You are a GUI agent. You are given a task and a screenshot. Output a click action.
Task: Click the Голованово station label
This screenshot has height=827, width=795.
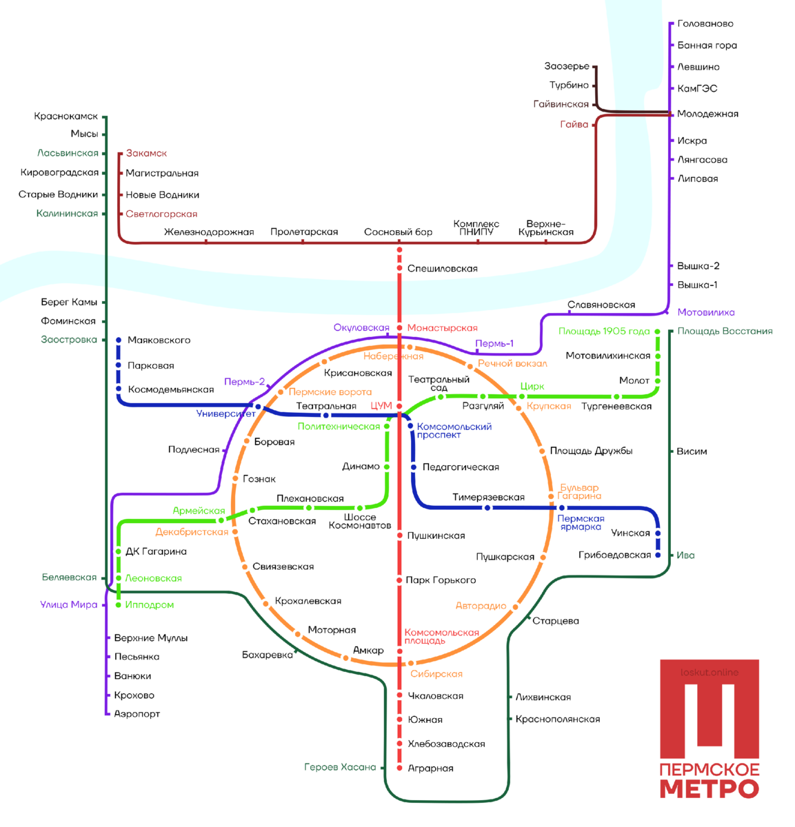705,24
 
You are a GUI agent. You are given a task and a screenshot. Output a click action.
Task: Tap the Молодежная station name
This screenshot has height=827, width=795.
707,114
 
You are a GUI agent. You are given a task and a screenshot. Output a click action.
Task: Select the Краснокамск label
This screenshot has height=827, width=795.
66,116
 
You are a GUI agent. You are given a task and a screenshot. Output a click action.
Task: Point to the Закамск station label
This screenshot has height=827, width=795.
146,153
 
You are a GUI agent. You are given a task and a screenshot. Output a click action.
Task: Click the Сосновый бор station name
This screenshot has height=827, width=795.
398,232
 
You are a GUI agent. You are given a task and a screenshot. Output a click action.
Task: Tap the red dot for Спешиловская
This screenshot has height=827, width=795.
399,268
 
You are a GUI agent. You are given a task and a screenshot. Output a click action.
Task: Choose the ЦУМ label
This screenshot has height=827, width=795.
381,406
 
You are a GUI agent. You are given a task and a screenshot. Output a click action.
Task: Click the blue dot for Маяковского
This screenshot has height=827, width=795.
119,340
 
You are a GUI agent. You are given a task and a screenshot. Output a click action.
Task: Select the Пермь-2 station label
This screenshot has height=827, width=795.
245,382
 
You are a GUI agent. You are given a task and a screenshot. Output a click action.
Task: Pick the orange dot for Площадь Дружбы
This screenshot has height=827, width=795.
542,451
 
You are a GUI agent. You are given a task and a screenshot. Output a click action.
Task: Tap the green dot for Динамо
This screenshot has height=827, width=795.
387,467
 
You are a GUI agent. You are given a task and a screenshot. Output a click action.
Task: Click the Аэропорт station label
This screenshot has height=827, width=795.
137,714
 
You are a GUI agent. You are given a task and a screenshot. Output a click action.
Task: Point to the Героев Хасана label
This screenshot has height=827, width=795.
340,767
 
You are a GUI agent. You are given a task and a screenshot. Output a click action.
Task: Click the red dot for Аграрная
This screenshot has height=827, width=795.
399,768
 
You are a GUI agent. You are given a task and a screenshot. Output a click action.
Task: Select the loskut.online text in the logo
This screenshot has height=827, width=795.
709,673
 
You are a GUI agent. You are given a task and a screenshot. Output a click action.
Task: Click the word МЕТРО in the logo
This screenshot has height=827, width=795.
709,789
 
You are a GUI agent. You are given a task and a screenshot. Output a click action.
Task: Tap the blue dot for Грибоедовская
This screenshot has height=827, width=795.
658,555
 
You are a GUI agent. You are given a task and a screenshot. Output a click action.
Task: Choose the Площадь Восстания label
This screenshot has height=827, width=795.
725,331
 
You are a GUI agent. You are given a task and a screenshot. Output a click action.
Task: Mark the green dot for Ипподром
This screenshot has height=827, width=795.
119,604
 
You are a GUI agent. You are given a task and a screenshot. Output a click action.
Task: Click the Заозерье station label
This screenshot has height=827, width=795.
567,66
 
